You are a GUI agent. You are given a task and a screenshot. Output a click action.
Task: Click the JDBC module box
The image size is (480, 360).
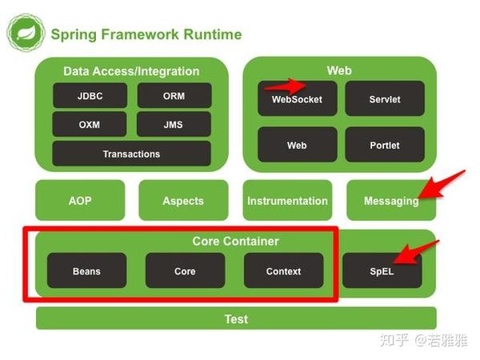(90, 96)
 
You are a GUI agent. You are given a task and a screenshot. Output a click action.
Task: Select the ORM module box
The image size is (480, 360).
(174, 96)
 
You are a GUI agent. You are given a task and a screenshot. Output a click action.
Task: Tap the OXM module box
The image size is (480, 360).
(90, 124)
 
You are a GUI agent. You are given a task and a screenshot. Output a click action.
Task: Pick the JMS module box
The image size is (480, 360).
(174, 124)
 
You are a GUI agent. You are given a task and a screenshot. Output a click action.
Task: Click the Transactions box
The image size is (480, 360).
(131, 154)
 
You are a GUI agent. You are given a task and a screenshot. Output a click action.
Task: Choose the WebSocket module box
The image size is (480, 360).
(297, 99)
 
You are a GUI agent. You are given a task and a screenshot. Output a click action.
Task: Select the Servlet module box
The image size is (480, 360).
(384, 99)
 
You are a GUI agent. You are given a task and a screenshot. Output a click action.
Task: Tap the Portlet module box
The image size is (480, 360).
(384, 146)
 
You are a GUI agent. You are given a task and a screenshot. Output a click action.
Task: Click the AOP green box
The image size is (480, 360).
(80, 201)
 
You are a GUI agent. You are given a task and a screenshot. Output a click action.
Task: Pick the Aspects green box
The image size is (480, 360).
(183, 201)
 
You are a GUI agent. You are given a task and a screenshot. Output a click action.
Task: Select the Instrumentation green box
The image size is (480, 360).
(287, 201)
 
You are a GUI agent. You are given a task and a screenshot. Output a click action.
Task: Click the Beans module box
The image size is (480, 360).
(86, 271)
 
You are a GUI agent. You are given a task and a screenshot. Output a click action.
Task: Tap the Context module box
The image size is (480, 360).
(283, 271)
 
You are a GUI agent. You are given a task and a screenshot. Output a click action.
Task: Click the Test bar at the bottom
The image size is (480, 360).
(236, 318)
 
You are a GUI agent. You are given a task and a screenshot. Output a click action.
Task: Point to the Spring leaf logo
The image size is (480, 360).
(24, 34)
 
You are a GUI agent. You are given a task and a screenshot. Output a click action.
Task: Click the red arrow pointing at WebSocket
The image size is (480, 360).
(287, 84)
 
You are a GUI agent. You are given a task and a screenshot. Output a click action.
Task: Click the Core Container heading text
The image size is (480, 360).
(235, 241)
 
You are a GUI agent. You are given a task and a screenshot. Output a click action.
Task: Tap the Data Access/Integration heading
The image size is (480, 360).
(131, 71)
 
